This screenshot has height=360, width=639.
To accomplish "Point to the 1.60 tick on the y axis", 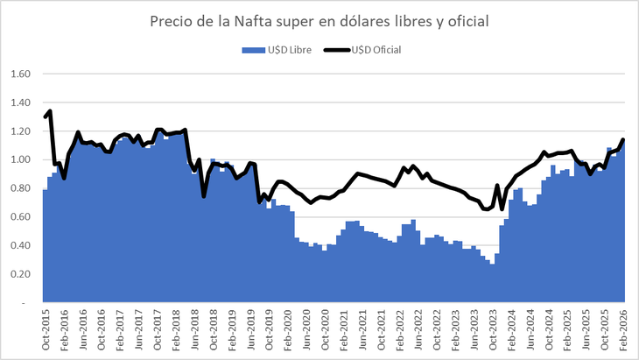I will coord(20,74).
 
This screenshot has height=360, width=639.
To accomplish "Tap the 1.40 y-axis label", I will coord(20,102).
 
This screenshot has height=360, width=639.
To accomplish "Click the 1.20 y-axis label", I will coord(20,131).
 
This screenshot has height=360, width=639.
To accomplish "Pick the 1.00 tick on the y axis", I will coord(20,159).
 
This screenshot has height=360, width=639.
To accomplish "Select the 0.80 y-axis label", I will coord(20,188).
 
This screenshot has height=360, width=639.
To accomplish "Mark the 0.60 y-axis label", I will coord(20,216).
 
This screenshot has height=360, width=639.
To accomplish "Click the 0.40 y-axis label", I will coord(20,245).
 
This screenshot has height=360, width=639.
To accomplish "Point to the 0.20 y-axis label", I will coord(20,274).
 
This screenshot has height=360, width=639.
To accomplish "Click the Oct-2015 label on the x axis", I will coord(46,330).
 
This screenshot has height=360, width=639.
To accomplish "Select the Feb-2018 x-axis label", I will coord(178,330).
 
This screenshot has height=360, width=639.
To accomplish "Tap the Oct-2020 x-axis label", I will coord(326,330).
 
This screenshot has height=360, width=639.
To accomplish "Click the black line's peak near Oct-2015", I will coord(50,111).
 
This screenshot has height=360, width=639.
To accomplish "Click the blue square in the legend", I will coord(247,50).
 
